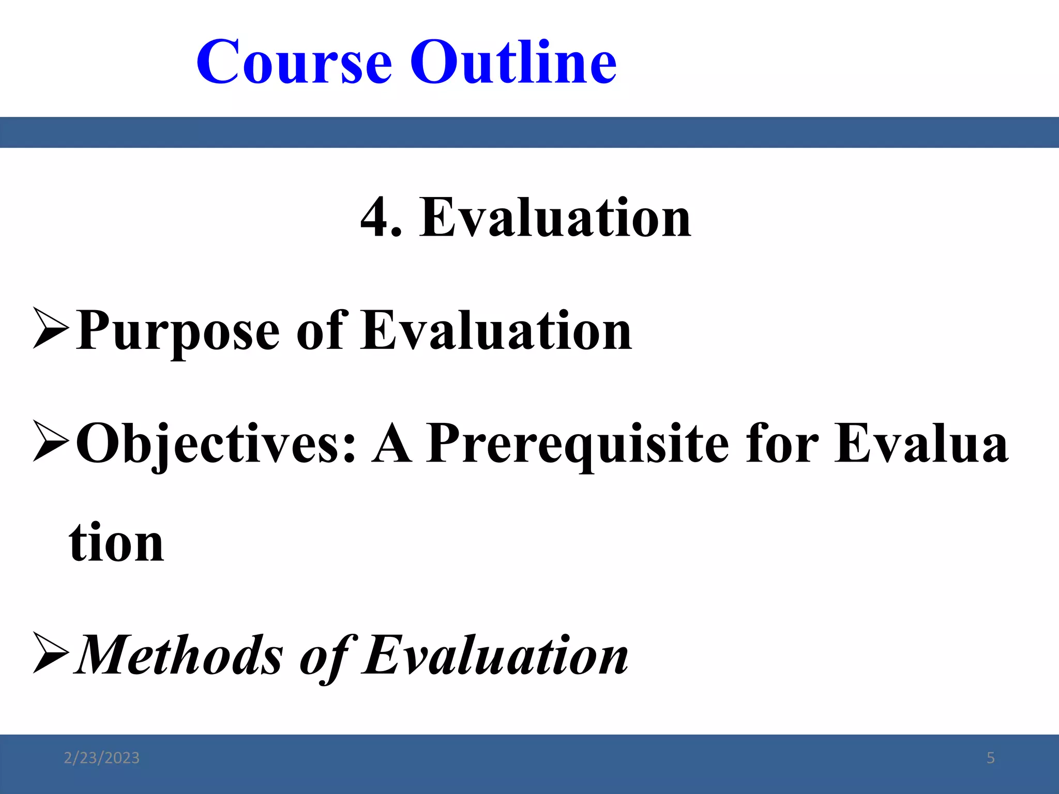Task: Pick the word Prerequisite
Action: [x=577, y=444]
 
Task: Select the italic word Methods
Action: [x=179, y=655]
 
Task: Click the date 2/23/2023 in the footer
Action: [x=101, y=758]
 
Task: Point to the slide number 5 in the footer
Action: [x=990, y=758]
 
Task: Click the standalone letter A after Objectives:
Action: [x=391, y=444]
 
